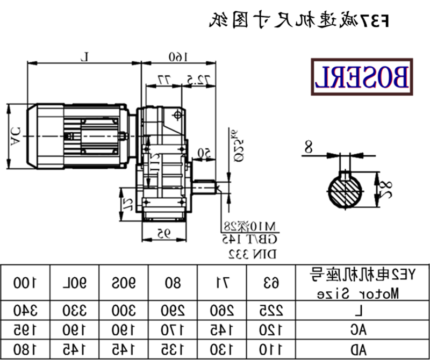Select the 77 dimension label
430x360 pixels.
click(163, 80)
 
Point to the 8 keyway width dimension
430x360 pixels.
click(307, 146)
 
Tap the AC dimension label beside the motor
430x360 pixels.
click(15, 135)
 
